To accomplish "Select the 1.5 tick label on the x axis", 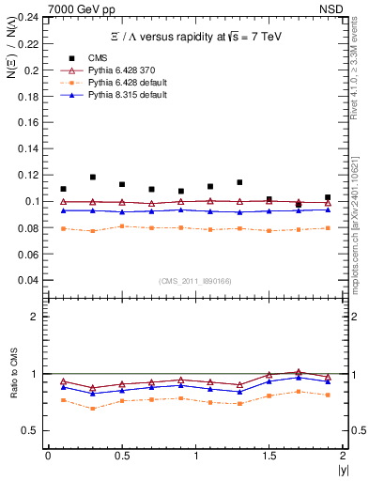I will (x=269, y=456).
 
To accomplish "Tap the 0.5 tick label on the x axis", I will (x=121, y=456).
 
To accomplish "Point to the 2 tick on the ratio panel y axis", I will (x=35, y=317).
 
